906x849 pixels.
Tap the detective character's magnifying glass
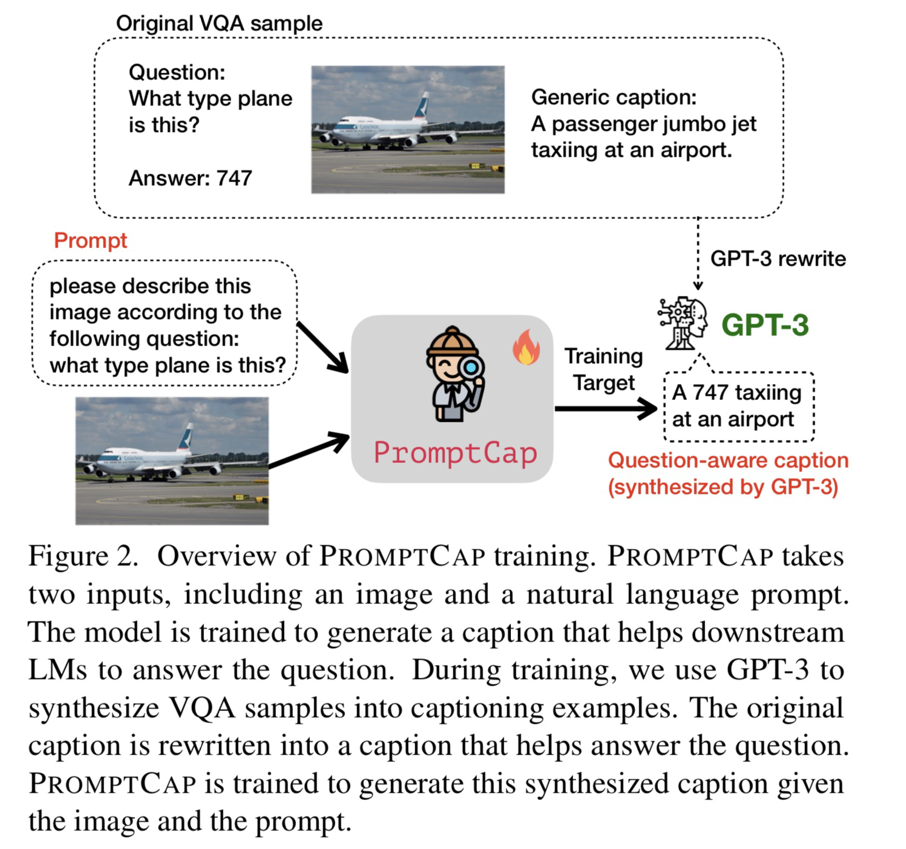(x=471, y=368)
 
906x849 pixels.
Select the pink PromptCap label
(x=455, y=453)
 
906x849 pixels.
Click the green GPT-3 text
(x=765, y=324)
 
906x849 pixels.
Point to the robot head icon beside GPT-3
(x=683, y=322)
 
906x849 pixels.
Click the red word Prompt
(x=90, y=240)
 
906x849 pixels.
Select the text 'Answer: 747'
(x=190, y=178)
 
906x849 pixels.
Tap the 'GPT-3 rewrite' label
(x=778, y=259)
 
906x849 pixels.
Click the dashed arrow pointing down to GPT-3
(x=698, y=254)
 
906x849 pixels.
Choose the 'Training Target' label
(x=603, y=369)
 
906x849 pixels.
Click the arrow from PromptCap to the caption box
(x=605, y=409)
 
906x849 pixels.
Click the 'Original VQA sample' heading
(x=219, y=24)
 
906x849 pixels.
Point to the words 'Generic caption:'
(x=614, y=97)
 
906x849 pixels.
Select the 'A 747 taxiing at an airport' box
(x=738, y=405)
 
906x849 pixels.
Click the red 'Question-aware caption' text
(x=728, y=461)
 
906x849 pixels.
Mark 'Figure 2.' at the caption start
(x=84, y=556)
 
